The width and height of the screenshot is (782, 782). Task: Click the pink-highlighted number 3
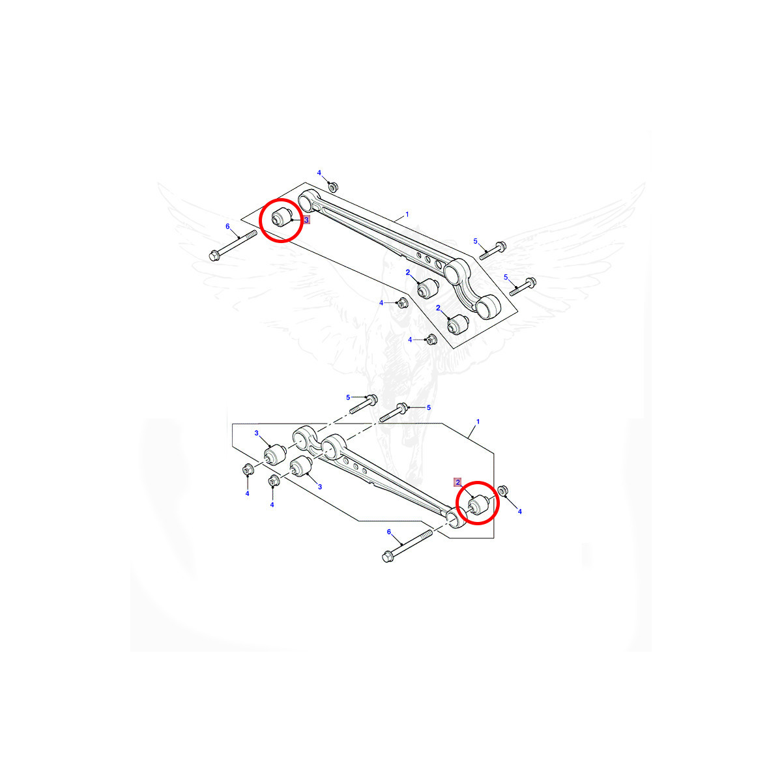pos(306,220)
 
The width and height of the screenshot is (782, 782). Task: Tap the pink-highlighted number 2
pos(457,482)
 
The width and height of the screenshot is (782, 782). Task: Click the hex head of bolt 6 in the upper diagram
pos(214,255)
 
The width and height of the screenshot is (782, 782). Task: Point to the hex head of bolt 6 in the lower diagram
pos(388,557)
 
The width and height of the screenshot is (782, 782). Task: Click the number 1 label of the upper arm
pos(407,214)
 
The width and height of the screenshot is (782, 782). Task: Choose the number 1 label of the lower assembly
pos(478,422)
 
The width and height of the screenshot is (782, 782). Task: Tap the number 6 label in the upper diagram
pos(227,226)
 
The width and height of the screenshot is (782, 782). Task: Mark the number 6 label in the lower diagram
pos(389,532)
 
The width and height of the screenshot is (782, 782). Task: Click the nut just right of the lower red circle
pos(502,491)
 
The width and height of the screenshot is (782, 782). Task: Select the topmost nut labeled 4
pos(332,187)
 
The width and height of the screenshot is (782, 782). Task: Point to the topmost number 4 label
pos(319,173)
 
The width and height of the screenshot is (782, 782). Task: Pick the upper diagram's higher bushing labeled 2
pos(428,288)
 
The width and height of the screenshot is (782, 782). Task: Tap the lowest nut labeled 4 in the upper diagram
pos(431,340)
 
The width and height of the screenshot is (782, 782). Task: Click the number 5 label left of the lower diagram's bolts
pos(348,398)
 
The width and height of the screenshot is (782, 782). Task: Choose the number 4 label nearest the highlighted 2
pos(520,512)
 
